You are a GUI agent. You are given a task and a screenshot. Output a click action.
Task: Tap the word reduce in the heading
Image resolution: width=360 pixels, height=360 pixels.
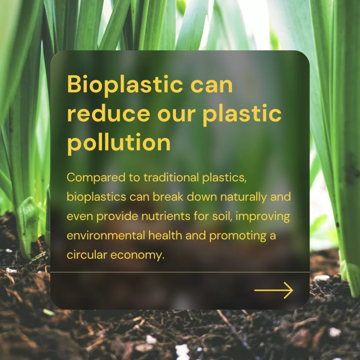(109, 114)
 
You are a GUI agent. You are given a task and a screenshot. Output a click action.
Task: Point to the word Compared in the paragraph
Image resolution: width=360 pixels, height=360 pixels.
(96, 178)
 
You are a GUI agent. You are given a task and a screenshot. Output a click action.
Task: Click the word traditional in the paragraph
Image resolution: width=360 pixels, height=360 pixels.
(171, 177)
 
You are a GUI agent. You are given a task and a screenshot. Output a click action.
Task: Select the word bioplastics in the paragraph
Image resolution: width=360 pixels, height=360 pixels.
(96, 197)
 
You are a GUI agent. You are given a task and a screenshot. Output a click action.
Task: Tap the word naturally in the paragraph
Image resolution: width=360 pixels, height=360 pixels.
(244, 197)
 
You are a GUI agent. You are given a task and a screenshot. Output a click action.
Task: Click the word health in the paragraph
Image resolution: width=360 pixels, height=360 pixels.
(165, 236)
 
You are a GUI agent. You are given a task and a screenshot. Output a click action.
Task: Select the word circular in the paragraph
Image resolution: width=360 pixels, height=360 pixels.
(87, 255)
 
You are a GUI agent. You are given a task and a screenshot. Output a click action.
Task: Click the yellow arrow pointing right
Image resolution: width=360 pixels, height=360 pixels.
(274, 290)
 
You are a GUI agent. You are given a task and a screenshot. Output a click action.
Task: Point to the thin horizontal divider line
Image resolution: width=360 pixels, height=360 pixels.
(180, 272)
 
